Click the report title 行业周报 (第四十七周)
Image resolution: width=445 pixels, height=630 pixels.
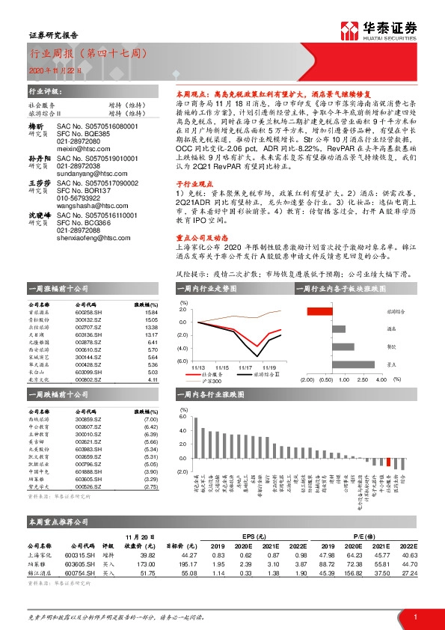tap(86, 55)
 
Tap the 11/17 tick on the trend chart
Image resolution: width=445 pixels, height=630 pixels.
tap(246, 368)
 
